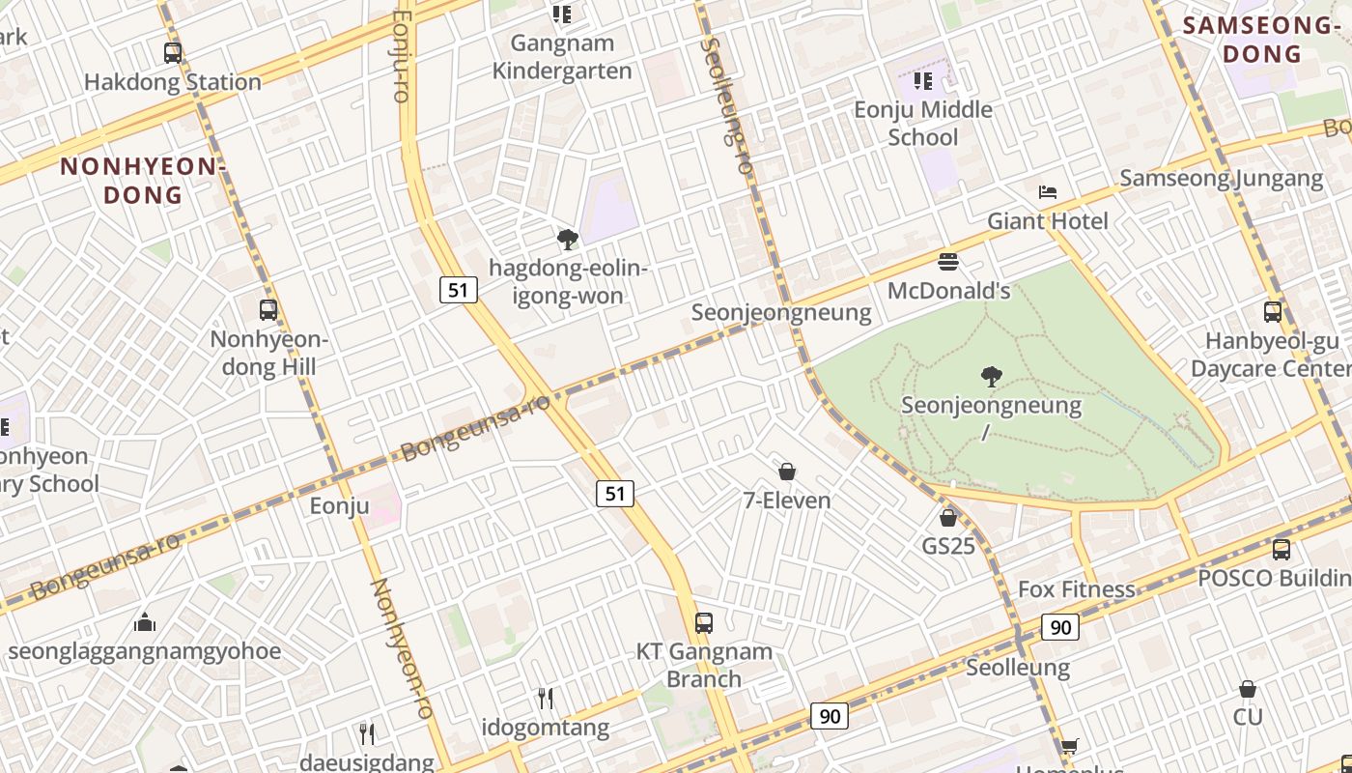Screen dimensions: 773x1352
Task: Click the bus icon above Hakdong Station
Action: point(173,53)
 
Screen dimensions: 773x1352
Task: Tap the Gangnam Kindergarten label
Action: point(561,57)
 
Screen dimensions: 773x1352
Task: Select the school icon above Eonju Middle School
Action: point(923,80)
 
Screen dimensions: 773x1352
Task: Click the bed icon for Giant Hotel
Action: point(1048,192)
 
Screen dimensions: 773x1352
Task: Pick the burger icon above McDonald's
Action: point(948,261)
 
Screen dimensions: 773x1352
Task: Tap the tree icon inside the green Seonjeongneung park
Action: point(991,376)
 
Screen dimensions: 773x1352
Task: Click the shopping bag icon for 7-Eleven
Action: point(787,472)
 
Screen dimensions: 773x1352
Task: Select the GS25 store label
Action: point(948,546)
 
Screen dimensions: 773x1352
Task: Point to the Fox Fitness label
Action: point(1076,589)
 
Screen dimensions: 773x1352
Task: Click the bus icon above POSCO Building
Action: point(1281,549)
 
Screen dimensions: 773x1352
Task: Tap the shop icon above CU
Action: point(1248,689)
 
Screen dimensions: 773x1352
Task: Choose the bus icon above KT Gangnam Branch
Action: point(704,623)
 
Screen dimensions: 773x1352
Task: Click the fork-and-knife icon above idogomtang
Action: point(546,699)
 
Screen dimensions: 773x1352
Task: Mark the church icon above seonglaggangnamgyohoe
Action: point(145,621)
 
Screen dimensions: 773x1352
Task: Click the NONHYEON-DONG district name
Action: point(143,181)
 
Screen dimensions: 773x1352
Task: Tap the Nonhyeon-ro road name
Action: point(402,647)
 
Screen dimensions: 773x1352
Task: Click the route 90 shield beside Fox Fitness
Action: point(1060,627)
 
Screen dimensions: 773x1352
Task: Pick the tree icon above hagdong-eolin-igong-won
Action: point(567,239)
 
